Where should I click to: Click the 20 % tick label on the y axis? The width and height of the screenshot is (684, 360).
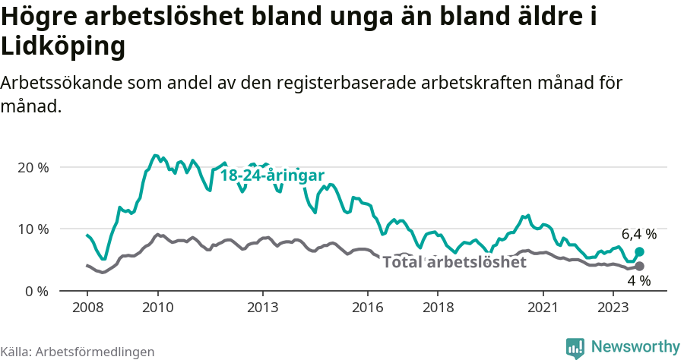33,167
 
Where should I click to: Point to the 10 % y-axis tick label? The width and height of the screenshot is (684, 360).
33,229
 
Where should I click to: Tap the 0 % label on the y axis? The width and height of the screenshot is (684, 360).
36,292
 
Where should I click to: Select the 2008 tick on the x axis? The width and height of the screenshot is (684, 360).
87,308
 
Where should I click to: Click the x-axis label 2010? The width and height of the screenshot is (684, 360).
157,308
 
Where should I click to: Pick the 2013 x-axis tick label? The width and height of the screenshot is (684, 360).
263,308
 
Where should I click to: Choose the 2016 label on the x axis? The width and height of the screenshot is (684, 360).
368,308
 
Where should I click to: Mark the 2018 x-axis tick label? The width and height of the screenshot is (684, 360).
439,308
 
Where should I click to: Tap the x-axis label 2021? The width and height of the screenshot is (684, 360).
543,308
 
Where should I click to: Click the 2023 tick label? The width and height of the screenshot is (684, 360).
614,308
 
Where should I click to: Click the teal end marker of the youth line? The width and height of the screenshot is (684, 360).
639,251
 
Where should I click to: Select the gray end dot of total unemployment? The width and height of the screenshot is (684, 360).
639,266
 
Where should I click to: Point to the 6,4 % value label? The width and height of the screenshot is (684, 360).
638,234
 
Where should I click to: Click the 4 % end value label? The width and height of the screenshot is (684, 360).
638,281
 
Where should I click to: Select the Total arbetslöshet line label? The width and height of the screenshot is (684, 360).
454,263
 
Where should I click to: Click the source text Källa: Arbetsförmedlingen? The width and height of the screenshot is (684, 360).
78,352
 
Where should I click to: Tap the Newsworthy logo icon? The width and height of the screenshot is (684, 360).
575,348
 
